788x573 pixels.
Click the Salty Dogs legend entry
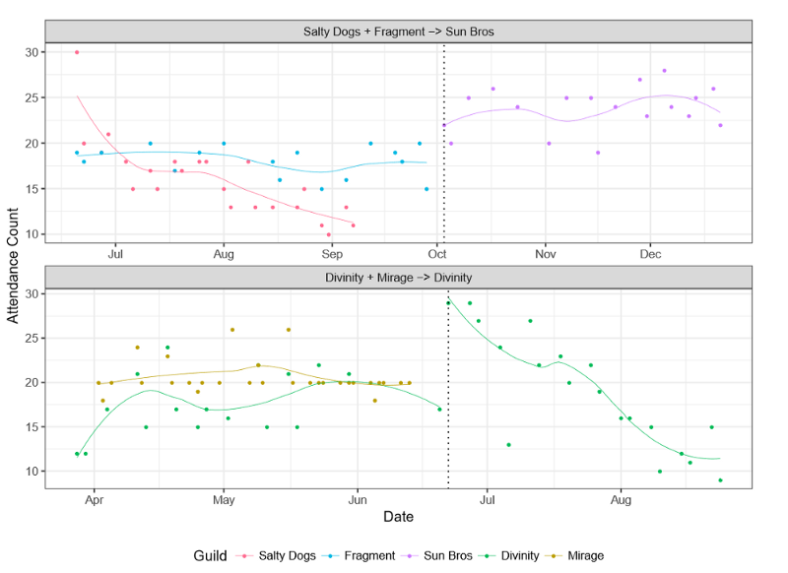coord(287,555)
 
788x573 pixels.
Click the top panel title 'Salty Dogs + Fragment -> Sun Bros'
coord(399,32)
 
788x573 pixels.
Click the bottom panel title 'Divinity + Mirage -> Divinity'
coord(399,278)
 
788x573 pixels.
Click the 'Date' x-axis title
coord(399,516)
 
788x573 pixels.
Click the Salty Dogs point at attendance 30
coord(77,52)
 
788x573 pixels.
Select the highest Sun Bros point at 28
coord(664,71)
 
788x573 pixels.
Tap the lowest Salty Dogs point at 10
coord(329,234)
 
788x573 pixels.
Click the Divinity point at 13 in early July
coord(508,445)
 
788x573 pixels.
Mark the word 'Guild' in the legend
coord(212,555)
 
